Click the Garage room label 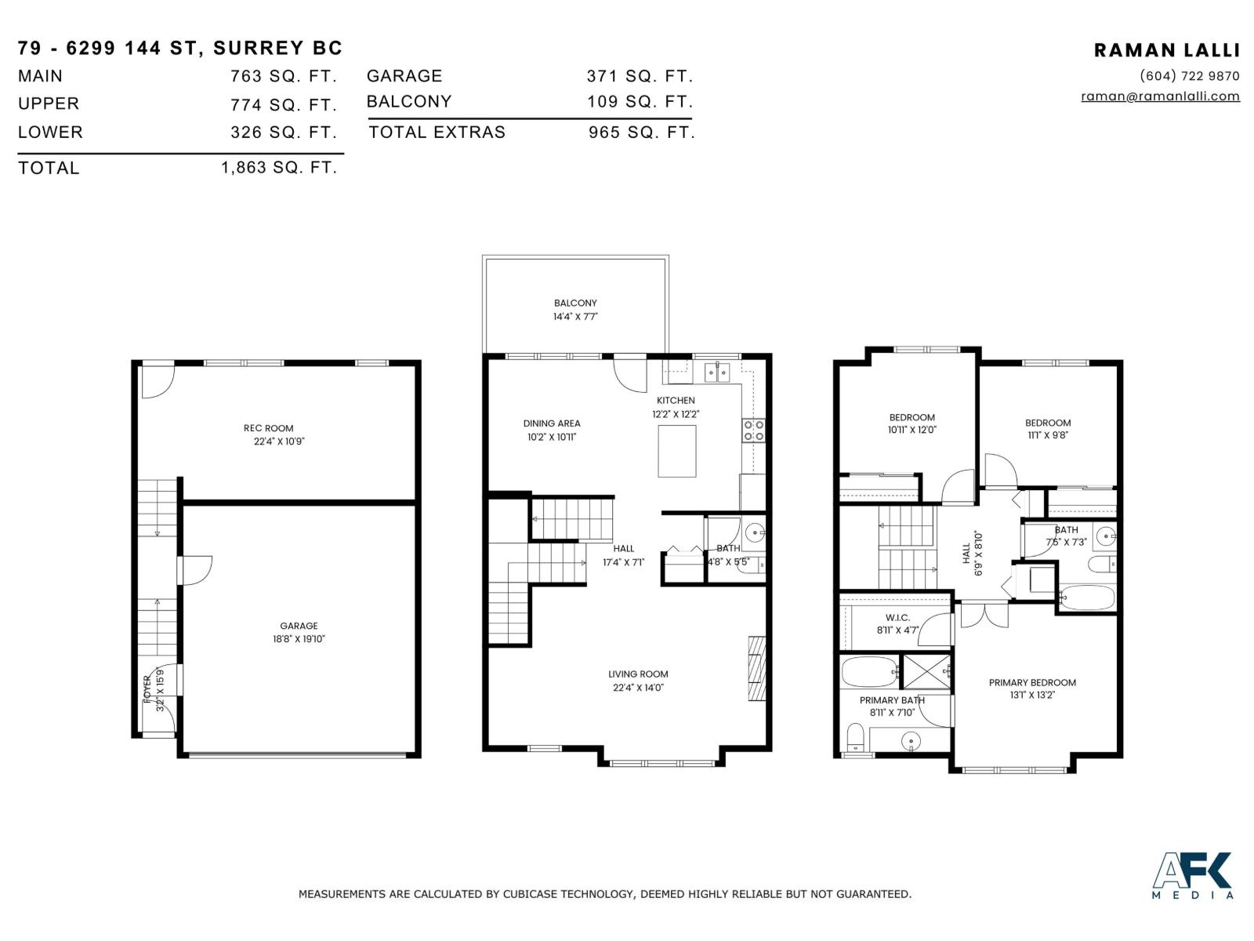pyautogui.click(x=299, y=626)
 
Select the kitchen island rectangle pyautogui.click(x=676, y=451)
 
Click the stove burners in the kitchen pyautogui.click(x=753, y=431)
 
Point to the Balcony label pyautogui.click(x=575, y=303)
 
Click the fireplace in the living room pyautogui.click(x=756, y=667)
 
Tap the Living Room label pyautogui.click(x=638, y=674)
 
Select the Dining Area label pyautogui.click(x=552, y=423)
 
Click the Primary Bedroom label pyautogui.click(x=1032, y=682)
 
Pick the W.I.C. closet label pyautogui.click(x=897, y=618)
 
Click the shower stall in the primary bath pyautogui.click(x=926, y=670)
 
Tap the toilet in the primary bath pyautogui.click(x=855, y=737)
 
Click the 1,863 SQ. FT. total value pyautogui.click(x=279, y=167)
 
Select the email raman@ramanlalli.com pyautogui.click(x=1160, y=96)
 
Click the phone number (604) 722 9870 pyautogui.click(x=1189, y=76)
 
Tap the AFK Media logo pyautogui.click(x=1192, y=874)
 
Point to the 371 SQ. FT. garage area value pyautogui.click(x=640, y=76)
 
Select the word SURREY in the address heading pyautogui.click(x=259, y=48)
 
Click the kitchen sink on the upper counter pyautogui.click(x=717, y=370)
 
